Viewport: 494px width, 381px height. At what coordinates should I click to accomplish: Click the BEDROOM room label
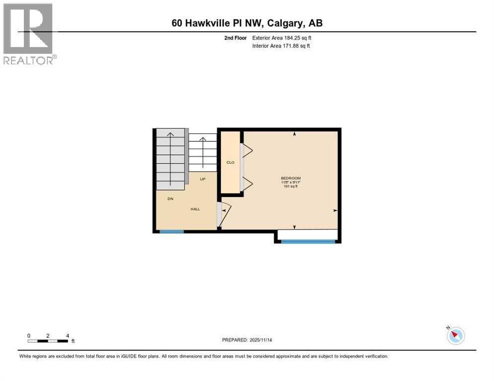(x=291, y=179)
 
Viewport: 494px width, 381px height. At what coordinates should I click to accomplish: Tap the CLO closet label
(x=230, y=162)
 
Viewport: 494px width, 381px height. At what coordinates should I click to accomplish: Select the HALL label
(x=195, y=209)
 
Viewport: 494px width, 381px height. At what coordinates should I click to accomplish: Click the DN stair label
(x=170, y=199)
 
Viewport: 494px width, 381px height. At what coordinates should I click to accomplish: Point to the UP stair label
(x=203, y=179)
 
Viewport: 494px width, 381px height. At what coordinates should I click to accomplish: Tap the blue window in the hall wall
(x=171, y=231)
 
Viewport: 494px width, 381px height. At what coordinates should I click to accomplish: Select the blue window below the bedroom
(x=308, y=242)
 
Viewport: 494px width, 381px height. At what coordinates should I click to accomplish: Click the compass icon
(x=455, y=335)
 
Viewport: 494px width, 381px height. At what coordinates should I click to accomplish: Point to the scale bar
(x=48, y=340)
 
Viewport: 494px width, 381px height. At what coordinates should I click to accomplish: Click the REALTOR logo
(x=29, y=34)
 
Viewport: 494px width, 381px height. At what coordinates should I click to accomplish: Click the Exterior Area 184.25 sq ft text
(x=282, y=38)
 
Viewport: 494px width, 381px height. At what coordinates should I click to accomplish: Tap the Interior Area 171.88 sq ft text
(x=281, y=46)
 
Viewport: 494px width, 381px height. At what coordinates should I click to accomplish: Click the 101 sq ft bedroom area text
(x=291, y=187)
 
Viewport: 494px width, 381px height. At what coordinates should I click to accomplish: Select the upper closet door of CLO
(x=247, y=150)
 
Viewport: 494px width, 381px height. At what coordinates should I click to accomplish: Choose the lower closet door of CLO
(x=247, y=184)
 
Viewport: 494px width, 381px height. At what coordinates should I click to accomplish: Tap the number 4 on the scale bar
(x=67, y=335)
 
